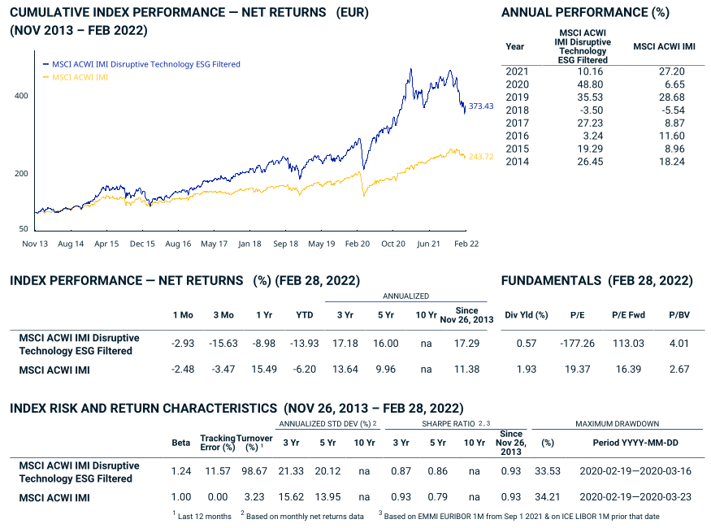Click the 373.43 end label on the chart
click(481, 106)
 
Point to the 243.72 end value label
click(481, 157)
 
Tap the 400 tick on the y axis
click(21, 96)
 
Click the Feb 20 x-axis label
click(358, 243)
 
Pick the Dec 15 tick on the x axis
click(142, 243)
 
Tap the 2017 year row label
click(517, 123)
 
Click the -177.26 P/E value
click(578, 344)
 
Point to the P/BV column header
click(678, 314)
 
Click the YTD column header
click(305, 314)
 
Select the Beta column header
click(181, 444)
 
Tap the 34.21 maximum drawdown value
click(548, 497)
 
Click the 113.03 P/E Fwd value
click(629, 344)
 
